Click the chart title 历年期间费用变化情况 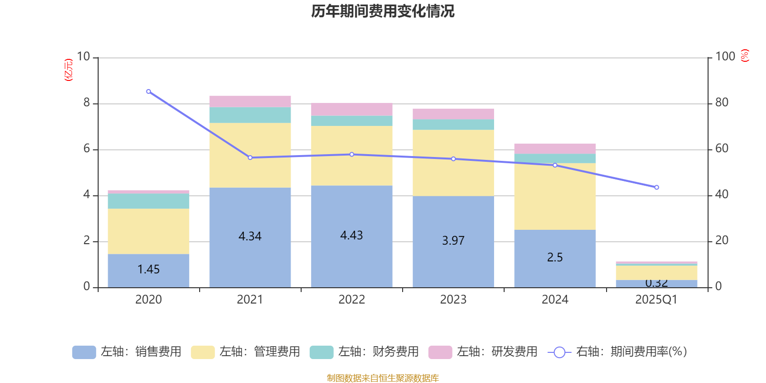point(383,11)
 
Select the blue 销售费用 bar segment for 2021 point(250,215)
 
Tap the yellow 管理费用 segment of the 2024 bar point(555,196)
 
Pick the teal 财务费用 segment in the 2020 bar point(148,201)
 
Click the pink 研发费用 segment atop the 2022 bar point(351,110)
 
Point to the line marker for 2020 point(148,91)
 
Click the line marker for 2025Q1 point(656,187)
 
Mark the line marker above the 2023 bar point(453,159)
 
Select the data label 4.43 point(351,236)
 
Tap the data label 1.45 point(148,270)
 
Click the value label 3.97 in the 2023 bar point(453,241)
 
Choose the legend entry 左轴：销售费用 point(127,352)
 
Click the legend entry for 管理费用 point(246,352)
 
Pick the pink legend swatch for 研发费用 point(440,352)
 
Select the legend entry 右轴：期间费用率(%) point(618,352)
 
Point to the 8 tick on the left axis point(87,102)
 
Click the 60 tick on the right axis point(721,148)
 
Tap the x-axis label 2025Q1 point(656,300)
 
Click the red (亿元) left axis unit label point(69,70)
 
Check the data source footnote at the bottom point(383,378)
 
